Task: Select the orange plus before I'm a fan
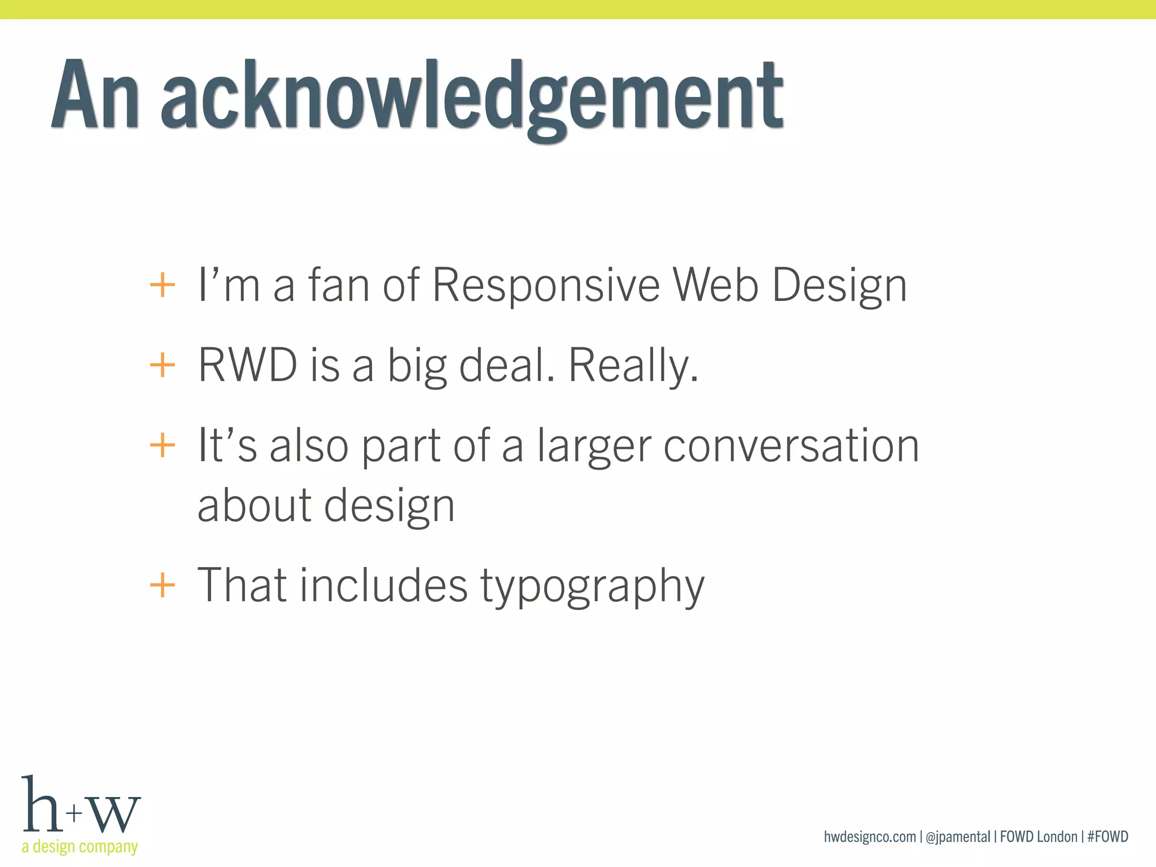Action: point(163,284)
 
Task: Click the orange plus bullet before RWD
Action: point(163,365)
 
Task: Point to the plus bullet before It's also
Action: point(163,445)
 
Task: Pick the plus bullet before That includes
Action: point(163,584)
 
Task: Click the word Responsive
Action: point(546,286)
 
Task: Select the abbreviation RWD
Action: point(247,365)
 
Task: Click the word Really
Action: point(633,366)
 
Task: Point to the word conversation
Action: point(791,446)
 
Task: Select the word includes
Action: point(383,585)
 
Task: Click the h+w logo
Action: point(81,806)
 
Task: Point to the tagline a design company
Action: point(80,847)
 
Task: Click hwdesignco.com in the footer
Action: point(869,837)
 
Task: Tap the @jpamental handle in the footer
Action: point(958,837)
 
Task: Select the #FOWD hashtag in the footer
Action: point(1107,837)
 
